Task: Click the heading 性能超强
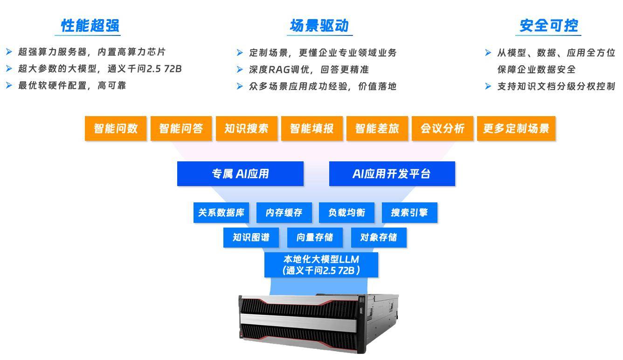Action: pyautogui.click(x=90, y=26)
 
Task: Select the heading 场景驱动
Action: pyautogui.click(x=319, y=26)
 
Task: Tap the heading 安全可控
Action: pyautogui.click(x=549, y=26)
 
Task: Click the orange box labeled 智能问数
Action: pyautogui.click(x=116, y=129)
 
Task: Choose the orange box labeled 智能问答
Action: pyautogui.click(x=181, y=129)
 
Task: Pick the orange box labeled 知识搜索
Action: pyautogui.click(x=247, y=129)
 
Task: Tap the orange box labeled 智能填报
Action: pyautogui.click(x=312, y=129)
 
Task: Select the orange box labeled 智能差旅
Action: pyautogui.click(x=377, y=129)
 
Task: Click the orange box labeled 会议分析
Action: pyautogui.click(x=443, y=129)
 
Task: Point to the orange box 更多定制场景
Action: pyautogui.click(x=516, y=129)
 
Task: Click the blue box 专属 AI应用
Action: pyautogui.click(x=240, y=173)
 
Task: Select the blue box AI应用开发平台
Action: pyautogui.click(x=392, y=173)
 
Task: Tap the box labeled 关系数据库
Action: pyautogui.click(x=222, y=213)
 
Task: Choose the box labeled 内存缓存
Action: pyautogui.click(x=284, y=213)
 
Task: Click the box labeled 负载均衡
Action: pyautogui.click(x=347, y=213)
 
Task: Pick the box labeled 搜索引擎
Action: pyautogui.click(x=409, y=213)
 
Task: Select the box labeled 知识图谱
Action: pyautogui.click(x=251, y=237)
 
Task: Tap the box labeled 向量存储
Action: pyautogui.click(x=315, y=237)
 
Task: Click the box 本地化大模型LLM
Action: pyautogui.click(x=321, y=265)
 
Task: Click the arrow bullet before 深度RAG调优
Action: pyautogui.click(x=240, y=69)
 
